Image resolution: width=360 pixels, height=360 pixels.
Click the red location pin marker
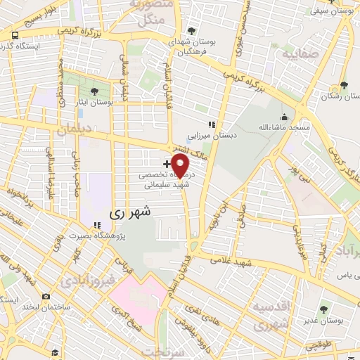181,165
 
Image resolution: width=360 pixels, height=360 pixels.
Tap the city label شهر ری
129,210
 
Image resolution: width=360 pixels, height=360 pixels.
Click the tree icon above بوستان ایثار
95,91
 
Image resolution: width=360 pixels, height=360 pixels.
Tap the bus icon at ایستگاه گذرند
14,35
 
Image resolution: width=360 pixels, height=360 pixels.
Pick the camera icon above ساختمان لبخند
46,297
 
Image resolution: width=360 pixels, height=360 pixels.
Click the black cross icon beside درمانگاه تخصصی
166,163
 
